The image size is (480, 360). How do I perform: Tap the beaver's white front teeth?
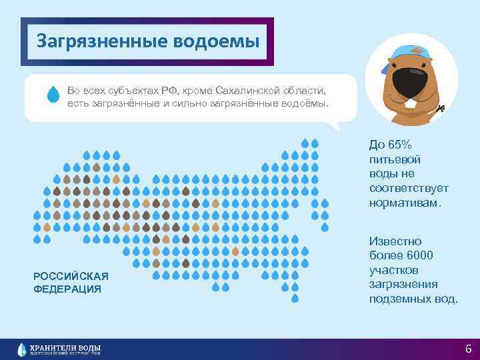point(410,102)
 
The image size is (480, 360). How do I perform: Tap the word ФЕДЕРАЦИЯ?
point(67,289)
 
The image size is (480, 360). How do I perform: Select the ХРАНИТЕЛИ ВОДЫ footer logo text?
point(66,347)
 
